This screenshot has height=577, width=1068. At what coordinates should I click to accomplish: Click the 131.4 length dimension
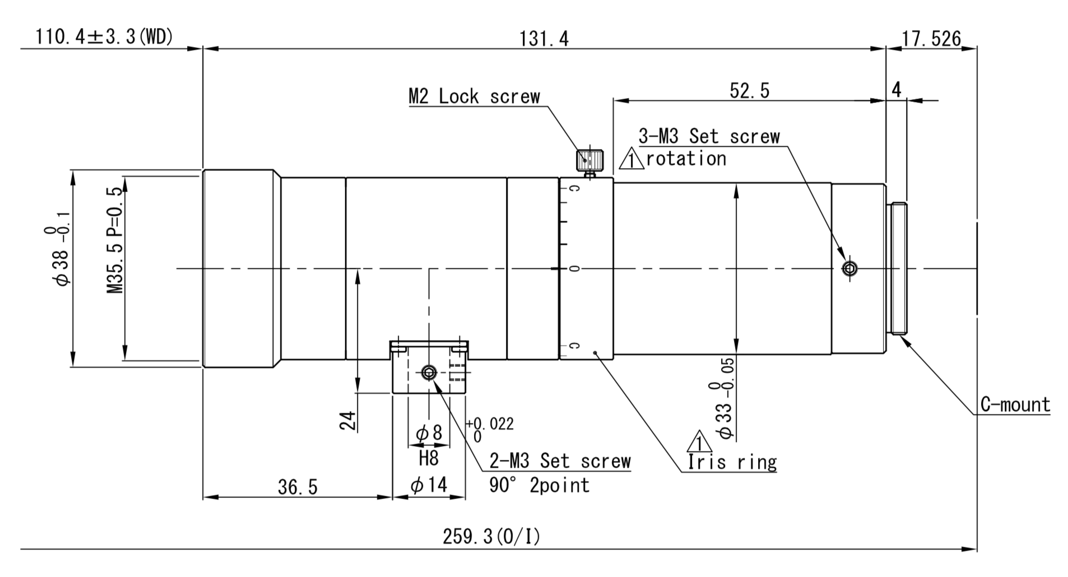tap(544, 39)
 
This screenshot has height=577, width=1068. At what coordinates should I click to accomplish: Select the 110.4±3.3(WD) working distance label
tap(104, 37)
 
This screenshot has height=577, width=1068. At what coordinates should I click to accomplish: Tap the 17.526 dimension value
tap(931, 39)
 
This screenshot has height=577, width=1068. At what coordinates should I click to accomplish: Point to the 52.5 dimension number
tap(749, 90)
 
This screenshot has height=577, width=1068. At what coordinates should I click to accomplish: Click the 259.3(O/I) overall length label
tap(491, 537)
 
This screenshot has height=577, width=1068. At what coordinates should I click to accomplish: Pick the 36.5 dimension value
tap(298, 487)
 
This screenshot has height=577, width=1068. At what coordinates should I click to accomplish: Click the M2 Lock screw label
tap(474, 96)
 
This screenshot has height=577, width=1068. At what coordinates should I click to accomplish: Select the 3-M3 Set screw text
tap(709, 136)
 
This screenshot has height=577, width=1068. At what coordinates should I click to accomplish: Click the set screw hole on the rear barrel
tap(849, 268)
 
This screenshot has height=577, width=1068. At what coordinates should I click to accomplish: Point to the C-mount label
tap(1015, 404)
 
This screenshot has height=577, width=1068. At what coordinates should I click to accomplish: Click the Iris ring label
tap(732, 462)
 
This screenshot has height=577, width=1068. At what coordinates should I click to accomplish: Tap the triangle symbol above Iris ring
tap(699, 442)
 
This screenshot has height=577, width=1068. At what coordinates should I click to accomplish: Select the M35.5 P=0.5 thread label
tap(115, 240)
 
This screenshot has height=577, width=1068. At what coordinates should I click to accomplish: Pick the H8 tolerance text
tap(429, 459)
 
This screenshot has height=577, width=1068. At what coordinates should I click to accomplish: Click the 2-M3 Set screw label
tap(560, 461)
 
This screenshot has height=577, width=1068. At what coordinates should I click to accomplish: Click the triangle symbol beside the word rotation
tap(631, 161)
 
